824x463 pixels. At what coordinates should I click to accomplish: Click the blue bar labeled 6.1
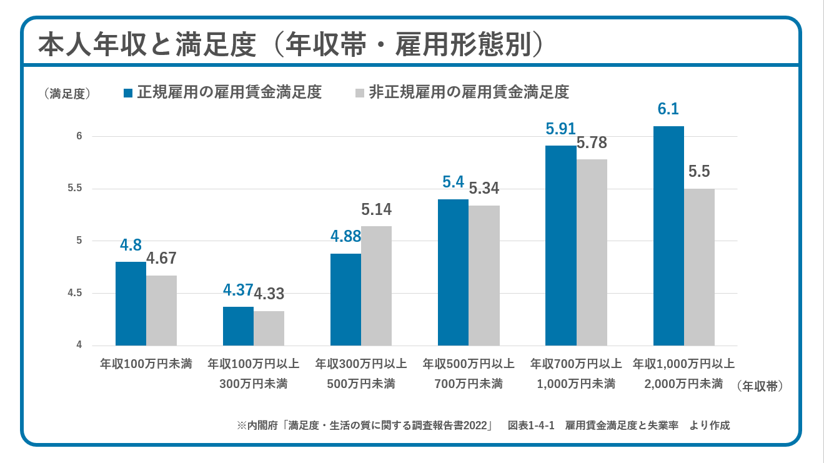tap(668, 236)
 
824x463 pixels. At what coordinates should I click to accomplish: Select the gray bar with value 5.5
tap(699, 267)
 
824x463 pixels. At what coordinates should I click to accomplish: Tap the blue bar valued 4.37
tap(238, 326)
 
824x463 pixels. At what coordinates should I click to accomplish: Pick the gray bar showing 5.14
tap(376, 286)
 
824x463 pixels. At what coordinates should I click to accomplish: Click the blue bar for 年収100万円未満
tap(131, 304)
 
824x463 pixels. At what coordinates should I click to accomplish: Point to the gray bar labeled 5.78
tap(592, 252)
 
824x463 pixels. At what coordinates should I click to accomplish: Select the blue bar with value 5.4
tap(453, 272)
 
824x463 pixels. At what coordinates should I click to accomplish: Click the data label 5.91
tap(560, 129)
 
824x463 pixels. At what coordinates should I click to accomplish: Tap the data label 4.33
tap(269, 294)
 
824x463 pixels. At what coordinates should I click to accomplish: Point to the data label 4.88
tap(345, 237)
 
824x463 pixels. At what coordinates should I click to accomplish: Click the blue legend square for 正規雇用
tap(128, 93)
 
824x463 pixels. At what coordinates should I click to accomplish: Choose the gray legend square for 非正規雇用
tap(359, 93)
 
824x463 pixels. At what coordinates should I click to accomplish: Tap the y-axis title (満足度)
tap(67, 94)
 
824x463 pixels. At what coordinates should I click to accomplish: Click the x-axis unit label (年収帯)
tap(759, 386)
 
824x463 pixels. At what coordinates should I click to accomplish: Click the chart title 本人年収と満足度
tap(147, 45)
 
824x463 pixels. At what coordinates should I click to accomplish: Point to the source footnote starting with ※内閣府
tap(483, 426)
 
